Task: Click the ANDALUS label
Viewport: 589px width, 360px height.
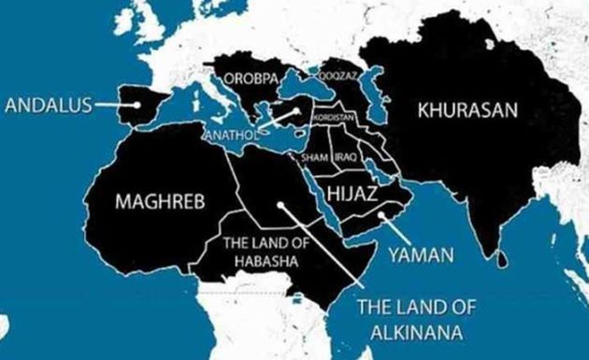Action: point(46,106)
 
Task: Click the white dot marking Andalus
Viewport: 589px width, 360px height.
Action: point(137,106)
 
